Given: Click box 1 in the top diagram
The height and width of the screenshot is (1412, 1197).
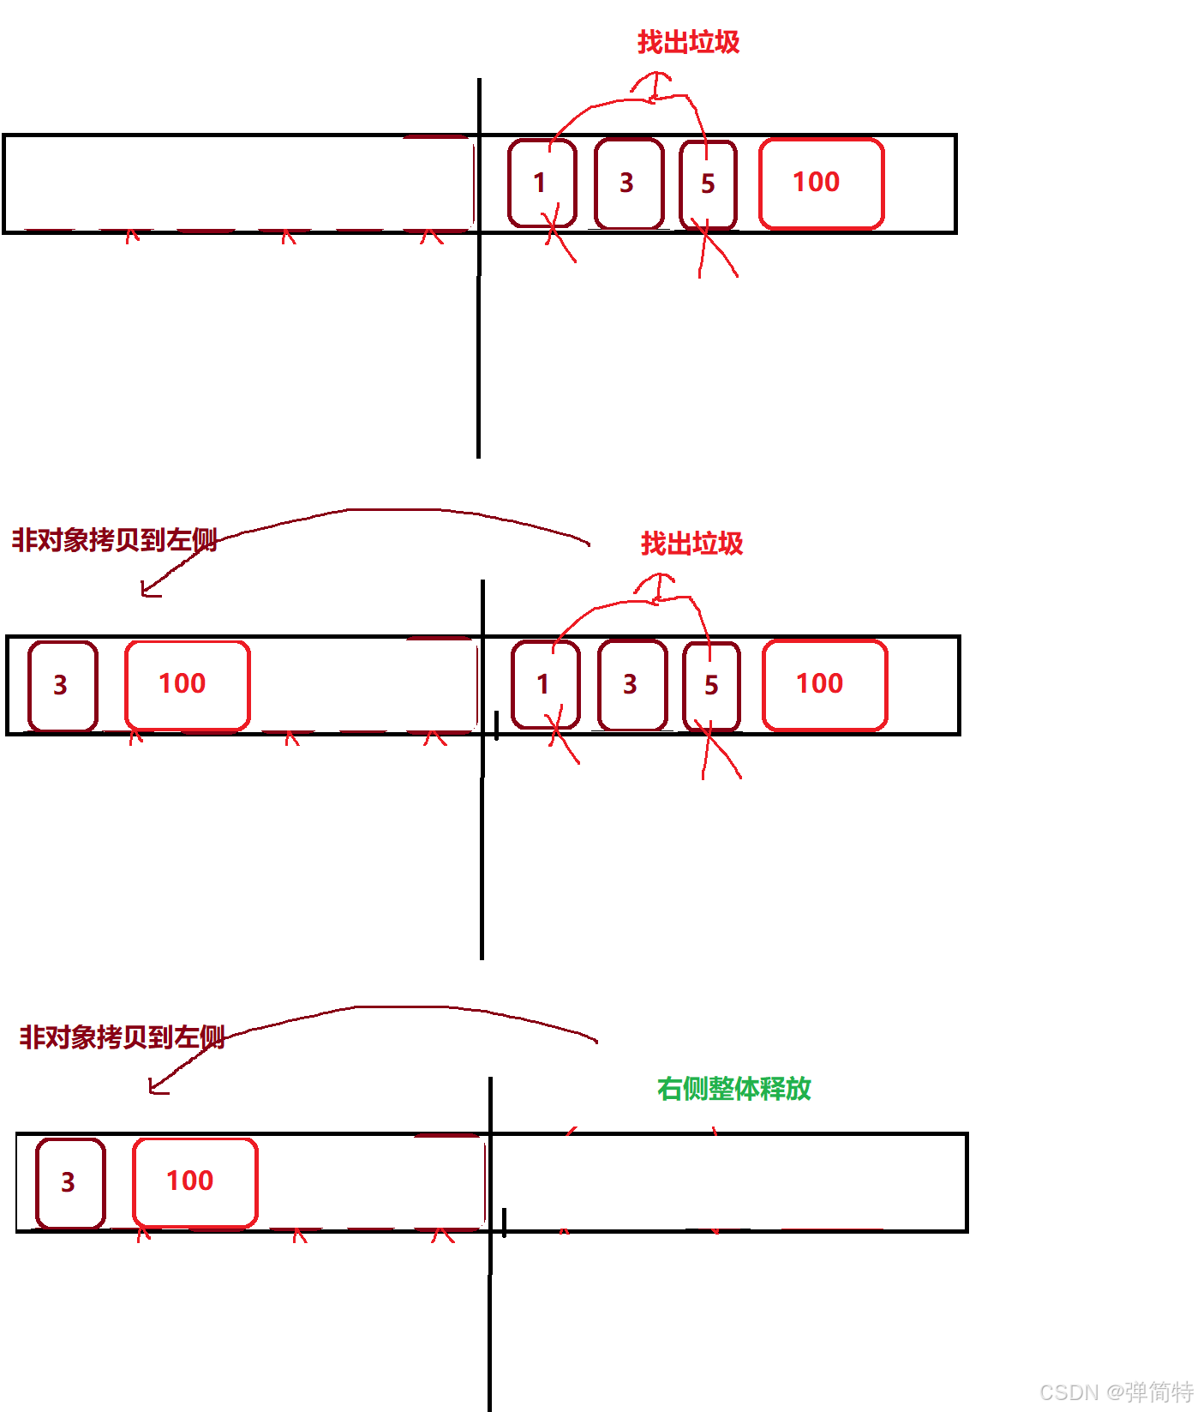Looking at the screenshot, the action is point(542,183).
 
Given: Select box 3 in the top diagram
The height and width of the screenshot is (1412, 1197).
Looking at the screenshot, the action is point(629,183).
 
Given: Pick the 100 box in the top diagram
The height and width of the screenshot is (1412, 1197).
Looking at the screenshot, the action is point(820,183).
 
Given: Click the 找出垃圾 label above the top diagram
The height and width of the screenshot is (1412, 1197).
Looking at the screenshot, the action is point(688,42).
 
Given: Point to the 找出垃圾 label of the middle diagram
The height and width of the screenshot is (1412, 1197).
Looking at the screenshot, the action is point(691,544).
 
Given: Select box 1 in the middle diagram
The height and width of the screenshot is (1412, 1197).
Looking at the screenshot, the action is point(545,685).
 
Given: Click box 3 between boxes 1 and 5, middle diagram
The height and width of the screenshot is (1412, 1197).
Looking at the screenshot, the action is point(632,685).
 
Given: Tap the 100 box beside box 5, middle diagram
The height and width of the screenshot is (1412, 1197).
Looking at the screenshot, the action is point(823,685).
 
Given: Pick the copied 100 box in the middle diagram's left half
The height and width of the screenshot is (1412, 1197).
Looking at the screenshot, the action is point(187,685).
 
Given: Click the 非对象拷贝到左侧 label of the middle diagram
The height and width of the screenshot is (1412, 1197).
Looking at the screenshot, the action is point(114,540).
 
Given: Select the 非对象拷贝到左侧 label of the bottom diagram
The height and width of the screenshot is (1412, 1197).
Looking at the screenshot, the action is point(122,1037).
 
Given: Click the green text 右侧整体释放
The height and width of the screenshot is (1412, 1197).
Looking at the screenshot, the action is point(733,1089).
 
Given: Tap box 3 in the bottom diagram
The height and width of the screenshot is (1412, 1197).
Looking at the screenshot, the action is point(69,1183).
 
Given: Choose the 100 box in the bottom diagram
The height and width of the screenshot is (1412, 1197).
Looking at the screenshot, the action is point(195,1182).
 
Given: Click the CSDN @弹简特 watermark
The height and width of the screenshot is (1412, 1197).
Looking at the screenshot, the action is point(1116,1391).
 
